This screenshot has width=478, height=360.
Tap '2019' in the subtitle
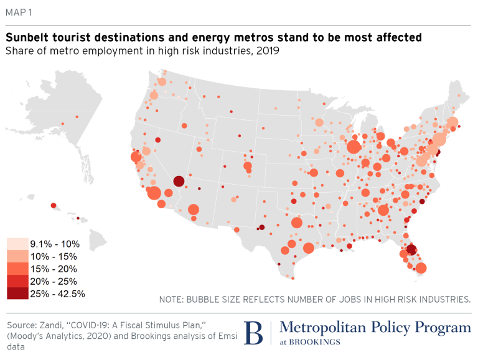pos(266,51)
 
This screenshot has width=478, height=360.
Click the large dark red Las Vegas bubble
pos(179,182)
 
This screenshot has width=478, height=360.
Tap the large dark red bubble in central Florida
pos(411,250)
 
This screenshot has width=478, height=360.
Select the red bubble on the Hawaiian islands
pos(54,206)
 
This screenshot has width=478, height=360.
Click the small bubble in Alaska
pos(75,116)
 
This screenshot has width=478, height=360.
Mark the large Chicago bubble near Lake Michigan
pos(354,147)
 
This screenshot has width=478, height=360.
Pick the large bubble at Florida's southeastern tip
pos(421,269)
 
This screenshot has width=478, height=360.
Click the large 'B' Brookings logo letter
pos(253,333)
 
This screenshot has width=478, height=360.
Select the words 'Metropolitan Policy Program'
pos(375,328)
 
